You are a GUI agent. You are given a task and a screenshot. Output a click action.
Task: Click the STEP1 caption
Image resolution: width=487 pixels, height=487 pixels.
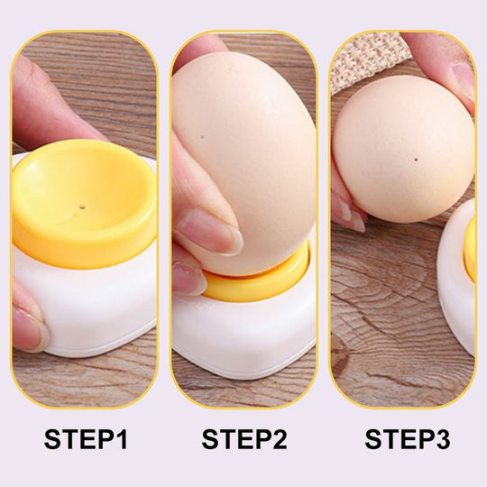86,439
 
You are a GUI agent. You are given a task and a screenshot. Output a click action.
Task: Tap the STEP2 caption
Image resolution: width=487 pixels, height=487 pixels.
243,439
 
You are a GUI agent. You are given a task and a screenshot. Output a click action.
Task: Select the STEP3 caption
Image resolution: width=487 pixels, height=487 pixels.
407,439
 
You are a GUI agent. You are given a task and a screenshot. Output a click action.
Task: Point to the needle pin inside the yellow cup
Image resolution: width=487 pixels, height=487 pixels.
82,206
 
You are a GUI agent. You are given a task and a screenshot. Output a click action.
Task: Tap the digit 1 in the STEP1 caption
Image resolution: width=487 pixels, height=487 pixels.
120,439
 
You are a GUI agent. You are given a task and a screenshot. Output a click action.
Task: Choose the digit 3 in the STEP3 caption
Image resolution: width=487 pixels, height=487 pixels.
441,439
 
